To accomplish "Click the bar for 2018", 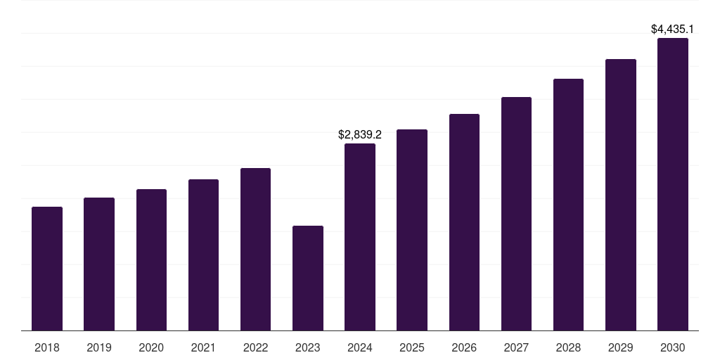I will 47,269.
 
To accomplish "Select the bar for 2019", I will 99,264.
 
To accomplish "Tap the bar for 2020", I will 151,260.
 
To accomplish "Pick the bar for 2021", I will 203,255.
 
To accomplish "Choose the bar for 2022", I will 255,250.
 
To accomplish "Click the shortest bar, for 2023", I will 308,278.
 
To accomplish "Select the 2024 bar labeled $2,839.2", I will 360,237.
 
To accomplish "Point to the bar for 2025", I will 412,230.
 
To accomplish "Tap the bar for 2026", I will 464,222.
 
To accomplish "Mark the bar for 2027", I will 516,214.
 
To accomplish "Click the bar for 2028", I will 568,205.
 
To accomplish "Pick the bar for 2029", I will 621,195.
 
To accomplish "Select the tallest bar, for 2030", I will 673,184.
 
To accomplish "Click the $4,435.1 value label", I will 673,30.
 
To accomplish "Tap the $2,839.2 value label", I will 360,134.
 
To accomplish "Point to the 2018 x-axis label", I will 47,347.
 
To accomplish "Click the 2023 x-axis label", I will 308,347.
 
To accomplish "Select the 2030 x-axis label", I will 673,347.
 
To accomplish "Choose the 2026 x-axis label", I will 464,347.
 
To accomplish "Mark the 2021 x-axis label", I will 203,347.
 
